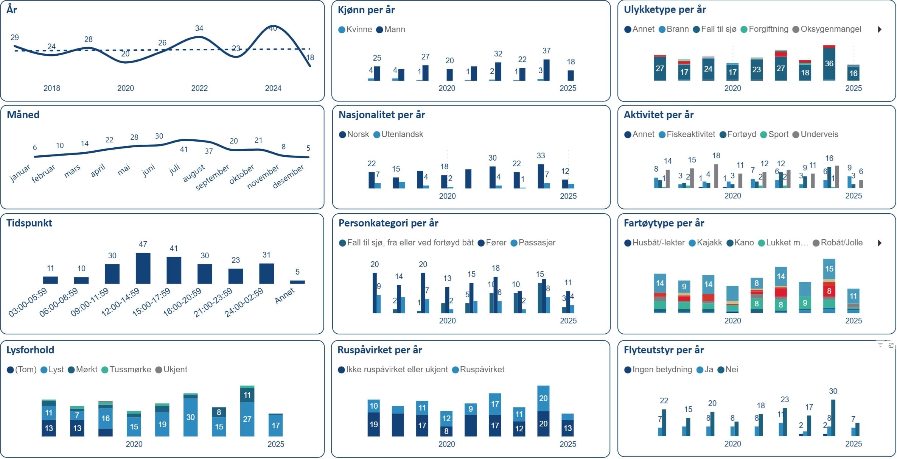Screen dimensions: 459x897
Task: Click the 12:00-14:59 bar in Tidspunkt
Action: click(x=143, y=268)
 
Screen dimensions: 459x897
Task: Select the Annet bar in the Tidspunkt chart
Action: click(x=297, y=282)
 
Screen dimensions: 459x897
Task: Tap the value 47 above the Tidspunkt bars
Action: click(x=143, y=244)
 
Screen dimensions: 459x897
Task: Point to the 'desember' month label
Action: click(x=288, y=176)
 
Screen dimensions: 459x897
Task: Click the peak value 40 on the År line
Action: click(x=273, y=28)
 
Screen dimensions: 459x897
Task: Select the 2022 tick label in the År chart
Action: click(x=199, y=88)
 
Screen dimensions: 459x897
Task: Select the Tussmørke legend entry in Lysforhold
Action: click(x=126, y=370)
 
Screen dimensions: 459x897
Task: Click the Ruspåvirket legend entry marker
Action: click(x=455, y=370)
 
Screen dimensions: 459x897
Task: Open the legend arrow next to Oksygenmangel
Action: click(x=880, y=30)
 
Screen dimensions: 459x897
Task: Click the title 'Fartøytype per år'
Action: click(x=664, y=223)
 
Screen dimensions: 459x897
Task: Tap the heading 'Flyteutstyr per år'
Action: click(x=664, y=350)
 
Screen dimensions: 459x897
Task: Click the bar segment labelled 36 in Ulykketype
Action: click(x=829, y=64)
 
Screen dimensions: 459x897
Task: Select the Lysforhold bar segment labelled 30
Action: click(x=190, y=417)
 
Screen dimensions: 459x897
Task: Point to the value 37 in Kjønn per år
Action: click(x=546, y=51)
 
